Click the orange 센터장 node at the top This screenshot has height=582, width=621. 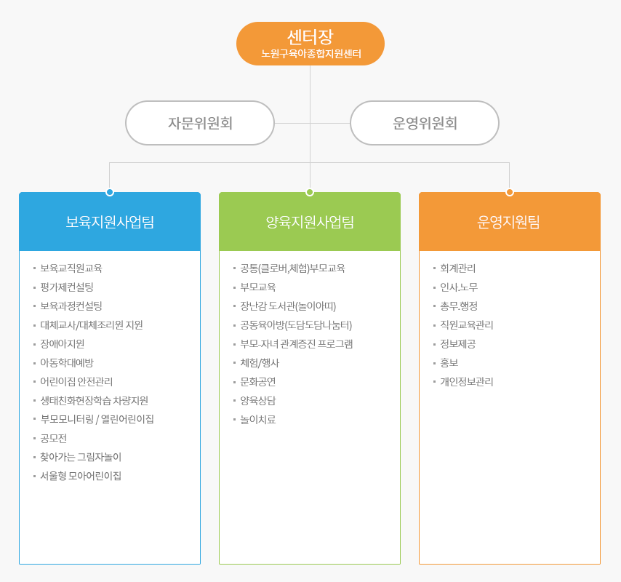310,44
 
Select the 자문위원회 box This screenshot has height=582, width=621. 200,123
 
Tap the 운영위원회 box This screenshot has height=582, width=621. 425,123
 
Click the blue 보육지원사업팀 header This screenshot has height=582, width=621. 110,222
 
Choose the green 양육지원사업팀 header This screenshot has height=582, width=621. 310,222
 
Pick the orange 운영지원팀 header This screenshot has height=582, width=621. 510,222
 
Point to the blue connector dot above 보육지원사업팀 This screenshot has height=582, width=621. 110,192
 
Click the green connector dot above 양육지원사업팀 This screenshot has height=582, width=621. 310,192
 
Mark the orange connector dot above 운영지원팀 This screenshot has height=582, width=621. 510,192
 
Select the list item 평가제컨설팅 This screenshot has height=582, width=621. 67,287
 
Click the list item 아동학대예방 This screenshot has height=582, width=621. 67,362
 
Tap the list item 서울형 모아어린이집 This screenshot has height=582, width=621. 81,476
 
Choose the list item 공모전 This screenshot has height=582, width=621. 54,438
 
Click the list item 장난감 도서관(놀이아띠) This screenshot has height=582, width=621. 288,306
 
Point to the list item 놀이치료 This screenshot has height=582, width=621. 258,420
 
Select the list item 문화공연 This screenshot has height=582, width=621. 258,381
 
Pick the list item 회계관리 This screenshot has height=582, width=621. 458,268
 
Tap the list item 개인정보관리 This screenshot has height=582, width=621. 467,381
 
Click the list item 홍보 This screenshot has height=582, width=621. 449,362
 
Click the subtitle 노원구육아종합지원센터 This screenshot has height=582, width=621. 311,54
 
